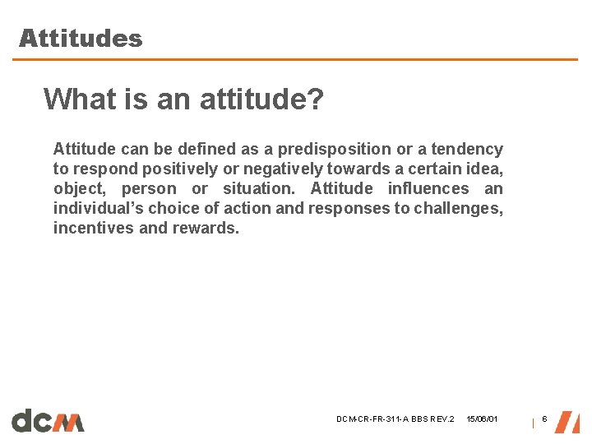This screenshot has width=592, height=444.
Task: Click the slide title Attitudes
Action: (81, 39)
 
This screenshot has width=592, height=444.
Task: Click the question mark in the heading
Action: (316, 100)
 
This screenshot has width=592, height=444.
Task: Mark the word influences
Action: (428, 188)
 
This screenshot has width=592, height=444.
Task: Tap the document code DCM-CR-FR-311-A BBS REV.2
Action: (395, 420)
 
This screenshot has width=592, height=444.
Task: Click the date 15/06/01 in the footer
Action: (482, 420)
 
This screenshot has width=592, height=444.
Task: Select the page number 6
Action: (543, 420)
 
